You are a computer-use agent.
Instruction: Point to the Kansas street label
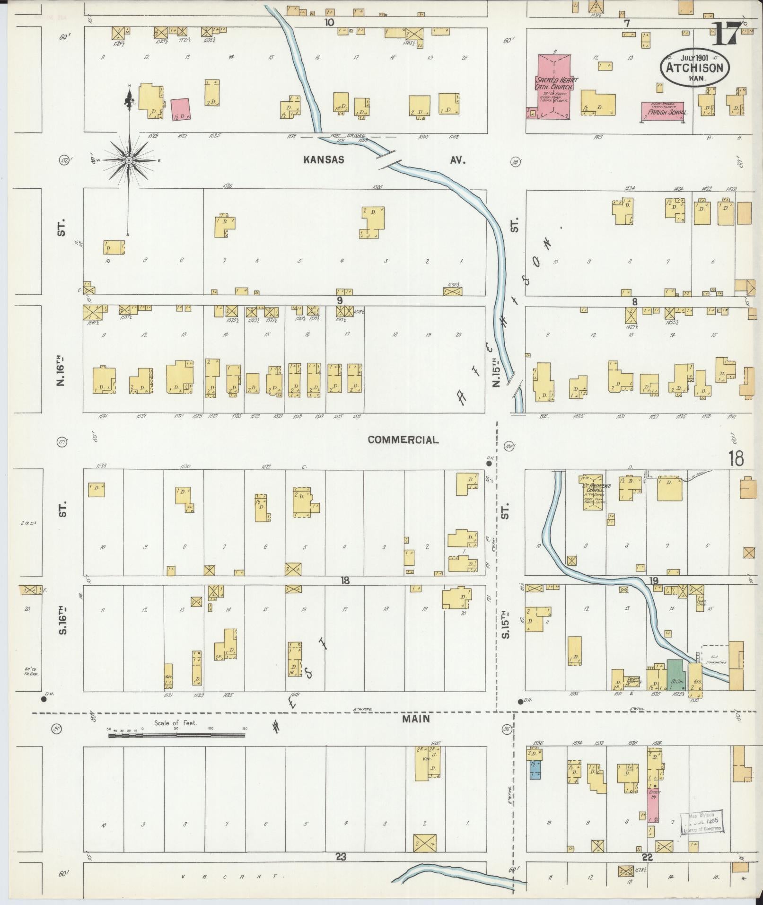tap(324, 160)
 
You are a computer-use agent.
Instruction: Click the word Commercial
tap(403, 440)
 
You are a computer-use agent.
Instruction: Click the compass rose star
tap(128, 161)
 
